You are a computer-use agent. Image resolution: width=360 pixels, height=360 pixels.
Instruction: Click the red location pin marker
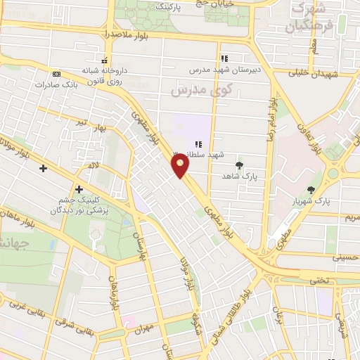181,166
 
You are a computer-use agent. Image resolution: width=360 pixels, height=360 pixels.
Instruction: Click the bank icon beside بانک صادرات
56,74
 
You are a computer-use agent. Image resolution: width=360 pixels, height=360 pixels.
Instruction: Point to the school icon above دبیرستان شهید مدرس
224,59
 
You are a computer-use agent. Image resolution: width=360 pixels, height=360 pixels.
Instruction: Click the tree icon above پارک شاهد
240,165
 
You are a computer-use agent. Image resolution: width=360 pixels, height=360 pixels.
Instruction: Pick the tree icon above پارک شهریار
311,190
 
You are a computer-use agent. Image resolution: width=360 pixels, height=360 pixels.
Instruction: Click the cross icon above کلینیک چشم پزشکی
79,189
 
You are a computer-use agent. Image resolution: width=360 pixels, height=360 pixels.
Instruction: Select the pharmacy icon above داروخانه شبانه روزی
105,60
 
